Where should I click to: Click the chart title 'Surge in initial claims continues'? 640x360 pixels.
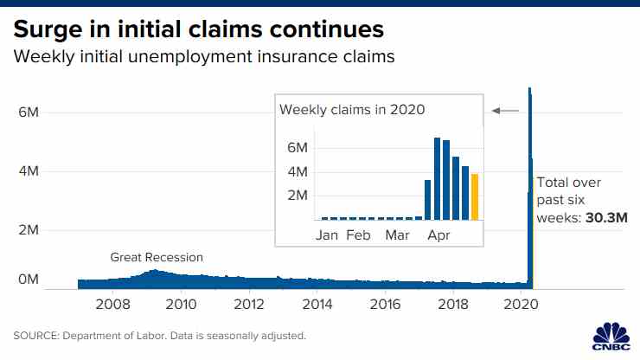198,29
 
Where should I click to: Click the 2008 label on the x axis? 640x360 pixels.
112,305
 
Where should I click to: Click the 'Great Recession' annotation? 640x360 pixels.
157,257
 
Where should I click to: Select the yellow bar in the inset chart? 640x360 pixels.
474,196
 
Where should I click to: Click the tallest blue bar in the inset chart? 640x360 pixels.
438,178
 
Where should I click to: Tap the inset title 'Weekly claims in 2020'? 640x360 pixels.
351,109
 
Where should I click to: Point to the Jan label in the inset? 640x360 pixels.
327,235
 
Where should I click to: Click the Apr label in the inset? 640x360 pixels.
438,235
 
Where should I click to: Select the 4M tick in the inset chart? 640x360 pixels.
298,171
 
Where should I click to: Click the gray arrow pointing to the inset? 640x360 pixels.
505,111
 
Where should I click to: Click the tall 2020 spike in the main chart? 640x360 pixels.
530,173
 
